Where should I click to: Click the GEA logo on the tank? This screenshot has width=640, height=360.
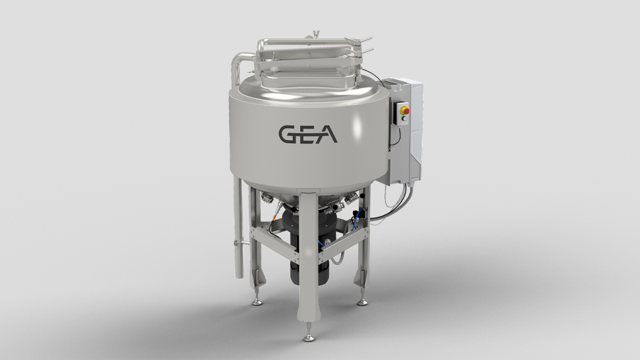click(306, 134)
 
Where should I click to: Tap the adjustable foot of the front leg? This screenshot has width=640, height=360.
click(309, 337)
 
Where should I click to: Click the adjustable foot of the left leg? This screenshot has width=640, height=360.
click(257, 302)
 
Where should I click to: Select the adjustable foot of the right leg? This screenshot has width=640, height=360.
click(363, 302)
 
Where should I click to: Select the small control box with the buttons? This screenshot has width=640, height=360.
click(403, 114)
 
